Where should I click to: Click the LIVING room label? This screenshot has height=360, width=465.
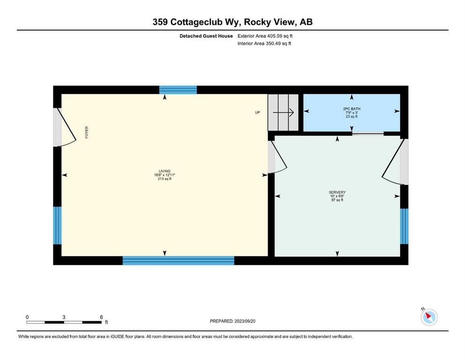(164, 171)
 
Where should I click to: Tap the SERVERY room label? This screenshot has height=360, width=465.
(337, 192)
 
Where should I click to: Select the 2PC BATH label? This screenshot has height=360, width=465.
(352, 109)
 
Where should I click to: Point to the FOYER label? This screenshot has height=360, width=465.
(87, 132)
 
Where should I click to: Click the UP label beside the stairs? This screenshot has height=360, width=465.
(258, 112)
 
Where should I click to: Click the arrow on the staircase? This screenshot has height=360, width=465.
(283, 112)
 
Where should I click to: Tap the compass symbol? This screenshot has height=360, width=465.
(429, 317)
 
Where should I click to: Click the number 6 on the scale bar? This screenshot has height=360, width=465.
(102, 317)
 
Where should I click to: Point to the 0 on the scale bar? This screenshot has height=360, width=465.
(27, 317)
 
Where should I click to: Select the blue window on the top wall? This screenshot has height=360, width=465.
(178, 90)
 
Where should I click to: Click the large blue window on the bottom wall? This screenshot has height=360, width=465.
(178, 261)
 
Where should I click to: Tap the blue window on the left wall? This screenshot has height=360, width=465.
(57, 225)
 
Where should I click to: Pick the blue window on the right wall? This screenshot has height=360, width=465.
(404, 226)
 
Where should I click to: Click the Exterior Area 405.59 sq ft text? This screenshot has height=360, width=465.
(265, 36)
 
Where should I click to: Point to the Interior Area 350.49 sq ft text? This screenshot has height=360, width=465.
(264, 44)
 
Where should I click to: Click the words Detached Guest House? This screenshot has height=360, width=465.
(206, 36)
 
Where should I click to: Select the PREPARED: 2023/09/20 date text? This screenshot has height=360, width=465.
(232, 321)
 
